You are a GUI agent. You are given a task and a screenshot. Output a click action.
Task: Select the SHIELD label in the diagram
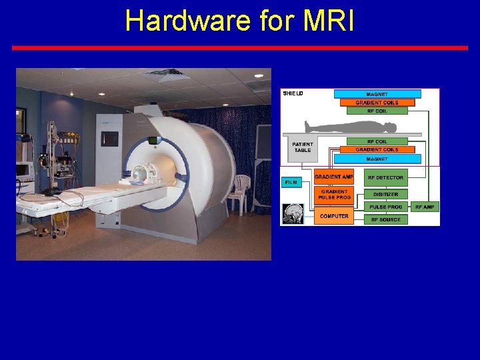(x=293, y=93)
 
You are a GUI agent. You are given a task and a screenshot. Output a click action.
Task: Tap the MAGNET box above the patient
(x=377, y=94)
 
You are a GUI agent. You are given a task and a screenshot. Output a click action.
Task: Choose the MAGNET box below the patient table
(x=377, y=159)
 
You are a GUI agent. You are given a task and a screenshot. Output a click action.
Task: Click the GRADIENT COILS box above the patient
(x=377, y=103)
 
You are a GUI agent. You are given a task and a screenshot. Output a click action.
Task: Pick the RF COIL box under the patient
(x=377, y=141)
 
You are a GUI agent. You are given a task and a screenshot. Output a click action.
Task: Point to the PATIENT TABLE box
(x=303, y=147)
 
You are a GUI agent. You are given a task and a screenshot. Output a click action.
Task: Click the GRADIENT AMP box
(x=333, y=177)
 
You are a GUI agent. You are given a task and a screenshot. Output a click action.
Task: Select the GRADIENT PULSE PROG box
(x=333, y=195)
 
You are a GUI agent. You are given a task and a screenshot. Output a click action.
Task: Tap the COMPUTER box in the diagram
(x=333, y=216)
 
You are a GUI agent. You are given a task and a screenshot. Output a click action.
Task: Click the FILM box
(x=291, y=181)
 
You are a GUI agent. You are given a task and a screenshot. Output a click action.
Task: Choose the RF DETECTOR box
(x=385, y=177)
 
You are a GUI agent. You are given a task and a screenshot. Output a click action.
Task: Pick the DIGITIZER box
(x=385, y=194)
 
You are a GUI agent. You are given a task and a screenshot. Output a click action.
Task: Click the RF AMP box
(x=425, y=207)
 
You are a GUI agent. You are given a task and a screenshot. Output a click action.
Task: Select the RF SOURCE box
(x=385, y=219)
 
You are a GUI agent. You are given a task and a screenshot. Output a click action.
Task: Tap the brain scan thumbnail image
(x=293, y=213)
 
